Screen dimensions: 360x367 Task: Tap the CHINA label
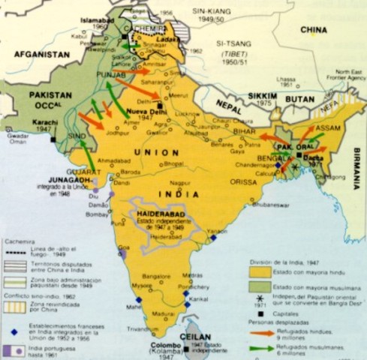314,30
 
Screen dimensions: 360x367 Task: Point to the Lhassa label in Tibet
284,77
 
